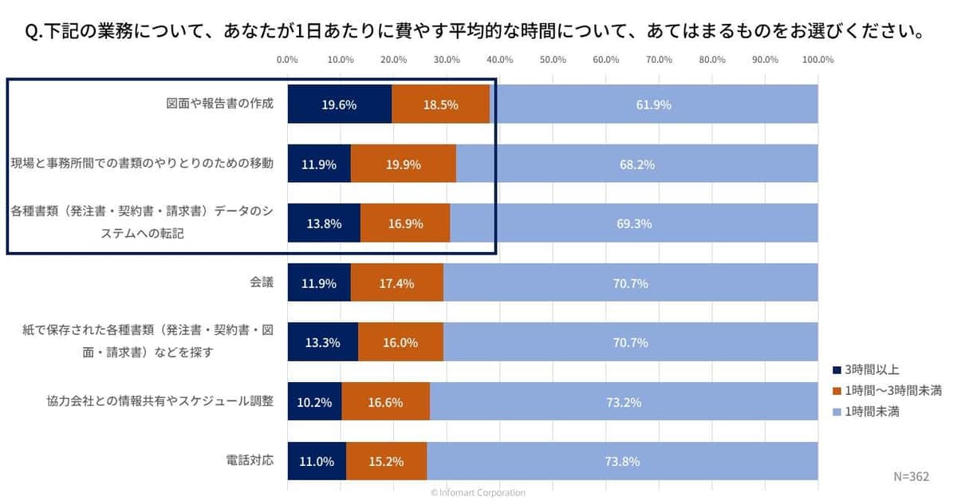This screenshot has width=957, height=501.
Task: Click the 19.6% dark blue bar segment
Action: [x=339, y=105]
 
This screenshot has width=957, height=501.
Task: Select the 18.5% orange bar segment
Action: [x=440, y=105]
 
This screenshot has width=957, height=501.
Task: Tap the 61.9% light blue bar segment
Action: [x=654, y=105]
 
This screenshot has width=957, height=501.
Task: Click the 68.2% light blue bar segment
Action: [x=636, y=164]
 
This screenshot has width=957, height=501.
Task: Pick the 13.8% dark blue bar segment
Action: [x=324, y=223]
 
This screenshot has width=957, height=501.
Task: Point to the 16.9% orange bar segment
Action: [x=405, y=223]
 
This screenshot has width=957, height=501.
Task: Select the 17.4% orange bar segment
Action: [x=396, y=283]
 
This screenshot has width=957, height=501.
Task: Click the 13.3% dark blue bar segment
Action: [x=322, y=342]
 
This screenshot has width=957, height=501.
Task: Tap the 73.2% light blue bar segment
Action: [x=624, y=402]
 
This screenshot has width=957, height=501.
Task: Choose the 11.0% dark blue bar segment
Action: [x=317, y=461]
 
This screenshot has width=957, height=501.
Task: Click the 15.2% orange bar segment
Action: [x=386, y=461]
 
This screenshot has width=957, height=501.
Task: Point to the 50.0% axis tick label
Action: [x=553, y=60]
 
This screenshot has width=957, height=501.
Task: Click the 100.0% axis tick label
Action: [x=817, y=60]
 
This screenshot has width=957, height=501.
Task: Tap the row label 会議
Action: [x=262, y=283]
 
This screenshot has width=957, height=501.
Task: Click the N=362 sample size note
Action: [x=910, y=476]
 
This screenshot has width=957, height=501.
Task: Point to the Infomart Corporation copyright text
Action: [x=478, y=493]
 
